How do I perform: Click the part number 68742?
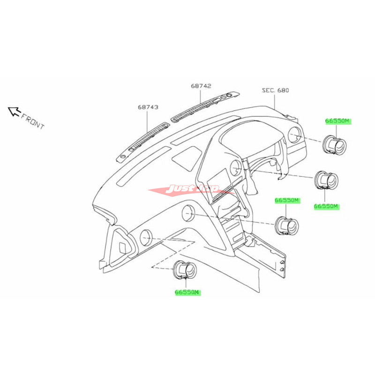201,86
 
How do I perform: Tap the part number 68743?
148,107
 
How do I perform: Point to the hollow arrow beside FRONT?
14,111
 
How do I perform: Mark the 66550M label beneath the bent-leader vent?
187,292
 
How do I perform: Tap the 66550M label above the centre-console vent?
287,201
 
